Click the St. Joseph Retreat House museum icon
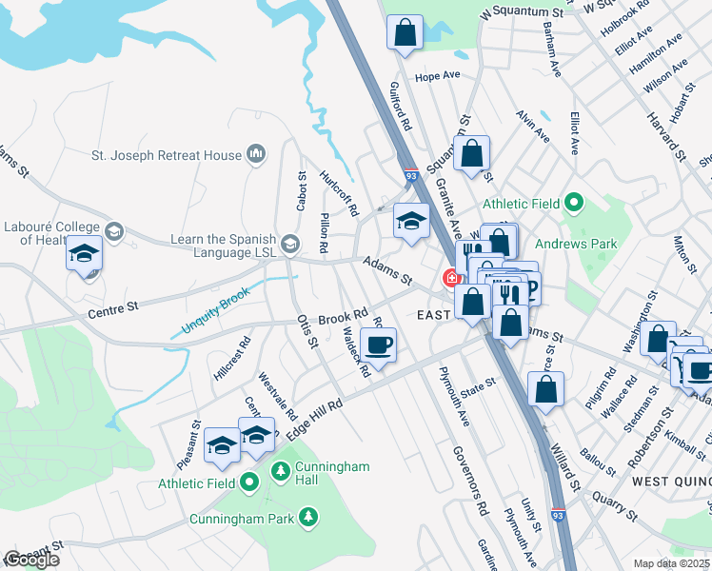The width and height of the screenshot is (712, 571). [x=255, y=154]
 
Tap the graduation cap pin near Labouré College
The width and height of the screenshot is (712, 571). [x=84, y=255]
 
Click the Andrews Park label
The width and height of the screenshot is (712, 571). [x=576, y=244]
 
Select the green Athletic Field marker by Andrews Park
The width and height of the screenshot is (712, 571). [x=574, y=203]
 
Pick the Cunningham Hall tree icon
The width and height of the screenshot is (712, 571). [x=281, y=470]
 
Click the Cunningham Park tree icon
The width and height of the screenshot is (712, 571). [x=307, y=517]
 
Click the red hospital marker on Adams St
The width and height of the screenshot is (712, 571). [x=449, y=278]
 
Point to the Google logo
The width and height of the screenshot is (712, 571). [x=31, y=560]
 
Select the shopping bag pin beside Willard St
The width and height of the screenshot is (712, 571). [x=545, y=388]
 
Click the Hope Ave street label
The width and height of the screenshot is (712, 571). [x=438, y=75]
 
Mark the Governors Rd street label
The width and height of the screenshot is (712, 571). [x=469, y=477]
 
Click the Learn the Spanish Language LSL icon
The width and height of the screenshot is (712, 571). [x=290, y=240]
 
